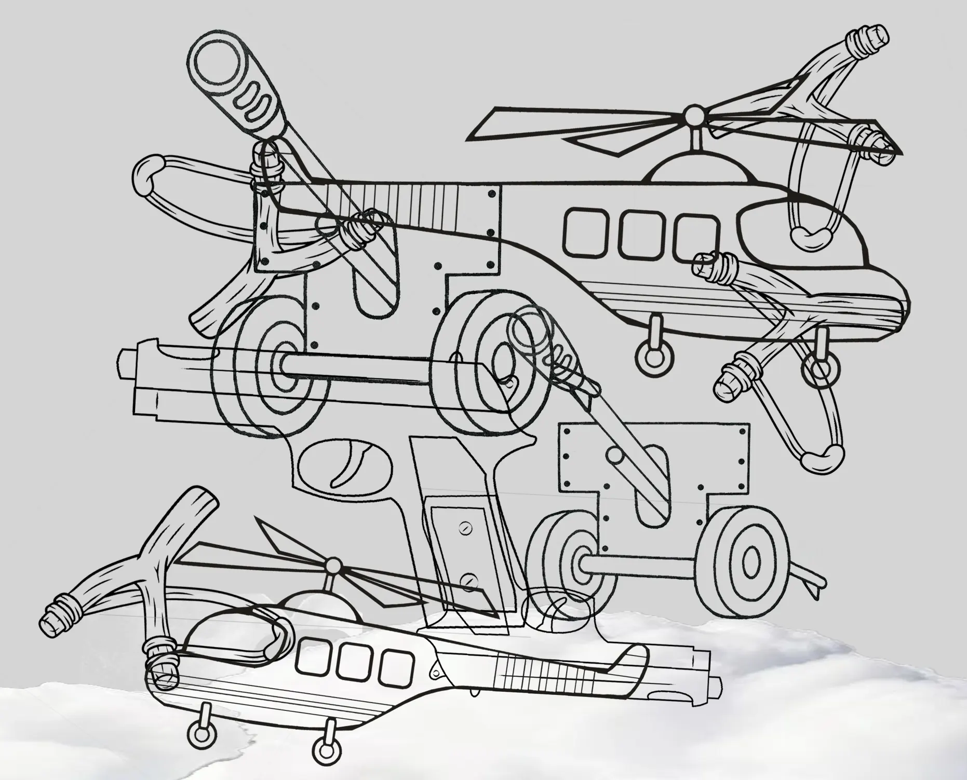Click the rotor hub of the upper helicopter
pyautogui.click(x=692, y=115)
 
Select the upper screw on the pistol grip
pyautogui.click(x=465, y=529)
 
